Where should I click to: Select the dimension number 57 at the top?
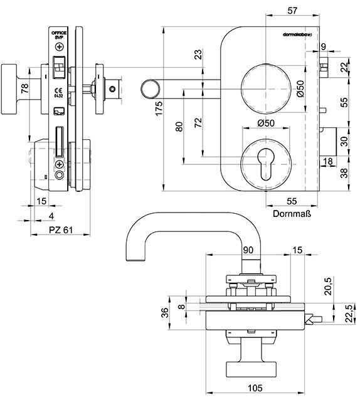click(291, 11)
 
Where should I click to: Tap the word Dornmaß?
click(292, 213)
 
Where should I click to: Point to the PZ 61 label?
click(61, 230)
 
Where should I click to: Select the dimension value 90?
click(247, 250)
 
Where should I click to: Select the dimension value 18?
click(327, 162)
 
